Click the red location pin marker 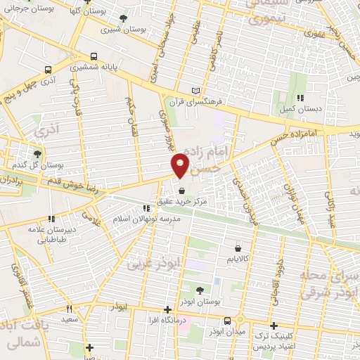181,165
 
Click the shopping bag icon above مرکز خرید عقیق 182,190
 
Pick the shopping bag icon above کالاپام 238,248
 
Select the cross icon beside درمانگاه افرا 167,309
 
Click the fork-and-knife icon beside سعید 69,308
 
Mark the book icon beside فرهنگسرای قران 195,90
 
